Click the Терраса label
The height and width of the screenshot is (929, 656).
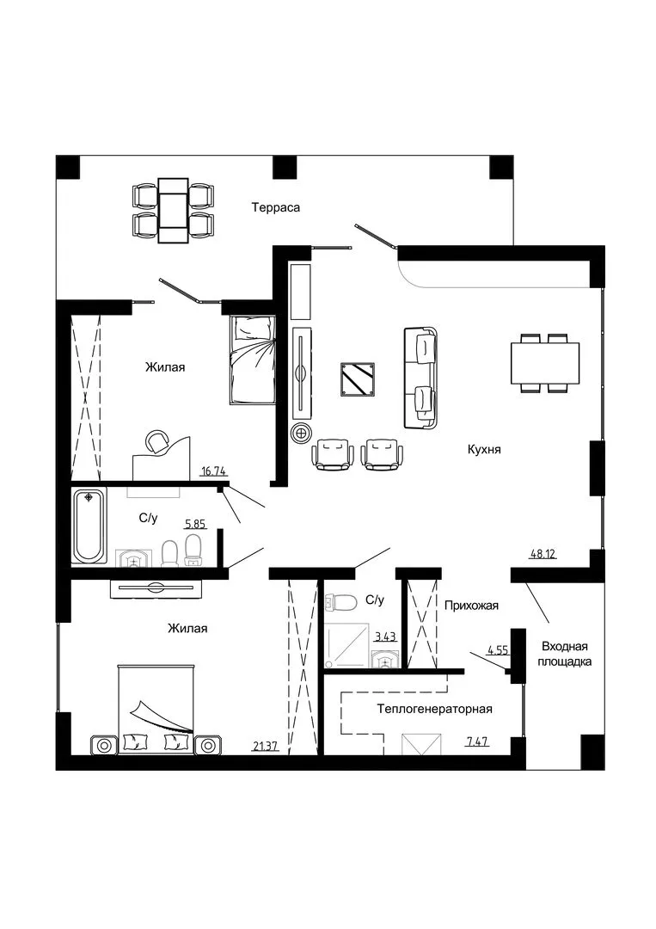coord(275,207)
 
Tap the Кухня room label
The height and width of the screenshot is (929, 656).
coord(484,450)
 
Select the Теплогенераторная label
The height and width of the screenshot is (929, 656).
coord(434,709)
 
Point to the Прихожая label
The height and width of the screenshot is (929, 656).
coord(471,606)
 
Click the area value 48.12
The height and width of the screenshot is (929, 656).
coord(543,555)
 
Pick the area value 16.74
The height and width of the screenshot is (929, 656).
coord(214,471)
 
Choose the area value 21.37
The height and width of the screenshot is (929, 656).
coord(266,747)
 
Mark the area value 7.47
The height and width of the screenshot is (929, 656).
coord(477,741)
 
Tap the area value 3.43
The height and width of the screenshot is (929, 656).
coord(385,637)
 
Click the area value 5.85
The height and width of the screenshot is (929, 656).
coord(195,524)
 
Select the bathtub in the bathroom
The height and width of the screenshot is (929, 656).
coord(89,526)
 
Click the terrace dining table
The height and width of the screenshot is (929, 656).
coord(173,211)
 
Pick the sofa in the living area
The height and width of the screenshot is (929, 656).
coord(421,377)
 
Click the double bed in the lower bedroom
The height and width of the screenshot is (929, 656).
coord(156,710)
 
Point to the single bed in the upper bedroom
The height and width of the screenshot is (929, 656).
coord(252,360)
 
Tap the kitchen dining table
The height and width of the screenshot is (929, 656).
coord(545,363)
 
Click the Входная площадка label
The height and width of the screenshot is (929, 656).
coord(565,654)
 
